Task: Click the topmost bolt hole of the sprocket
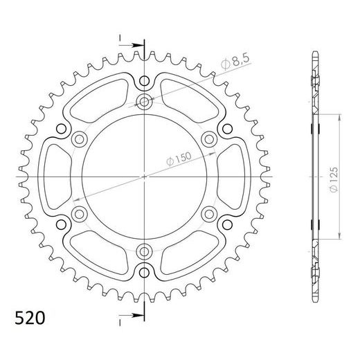coord(144,103)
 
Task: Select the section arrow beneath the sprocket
coord(127,316)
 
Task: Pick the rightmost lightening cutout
coord(231,176)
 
